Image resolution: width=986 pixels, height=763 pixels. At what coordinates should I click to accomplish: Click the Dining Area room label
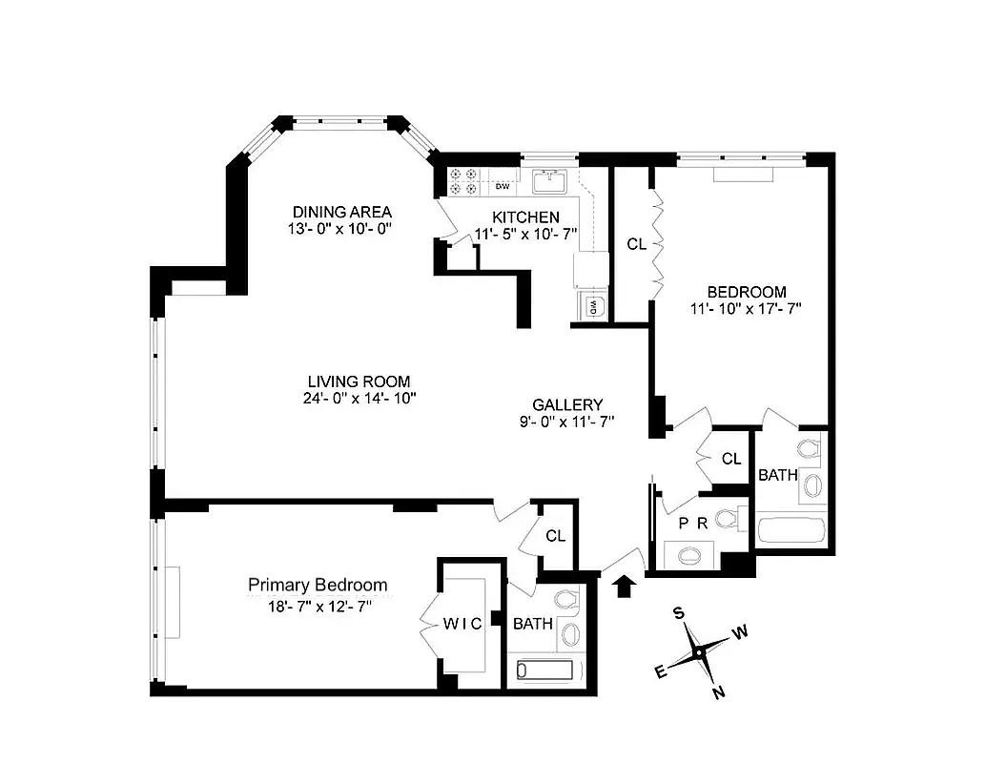click(341, 212)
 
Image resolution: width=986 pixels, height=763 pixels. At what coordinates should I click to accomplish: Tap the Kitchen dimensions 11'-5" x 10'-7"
click(525, 235)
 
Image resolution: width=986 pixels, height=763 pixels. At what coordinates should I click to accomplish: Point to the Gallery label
click(567, 403)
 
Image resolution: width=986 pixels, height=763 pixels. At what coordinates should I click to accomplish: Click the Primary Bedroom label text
click(318, 585)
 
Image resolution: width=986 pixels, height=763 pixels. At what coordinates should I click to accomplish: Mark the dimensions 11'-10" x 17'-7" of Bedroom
click(746, 308)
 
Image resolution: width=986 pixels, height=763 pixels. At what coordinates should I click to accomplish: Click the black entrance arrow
click(626, 585)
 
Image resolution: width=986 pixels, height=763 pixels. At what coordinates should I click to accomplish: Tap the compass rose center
click(699, 652)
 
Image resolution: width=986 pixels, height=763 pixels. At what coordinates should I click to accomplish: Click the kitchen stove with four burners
click(468, 181)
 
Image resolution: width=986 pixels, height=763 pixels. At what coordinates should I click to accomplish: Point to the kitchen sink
click(550, 181)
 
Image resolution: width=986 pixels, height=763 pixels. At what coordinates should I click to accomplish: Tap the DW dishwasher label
click(500, 185)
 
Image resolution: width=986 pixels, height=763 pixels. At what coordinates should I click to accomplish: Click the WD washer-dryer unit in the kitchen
click(591, 306)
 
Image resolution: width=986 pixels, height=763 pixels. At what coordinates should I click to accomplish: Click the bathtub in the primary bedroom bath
click(548, 670)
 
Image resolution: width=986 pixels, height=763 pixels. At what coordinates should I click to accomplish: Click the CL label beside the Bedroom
click(636, 245)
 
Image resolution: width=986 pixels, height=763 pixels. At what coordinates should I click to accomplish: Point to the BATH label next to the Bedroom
click(777, 474)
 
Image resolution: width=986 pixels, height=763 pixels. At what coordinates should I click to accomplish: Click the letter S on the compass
click(679, 611)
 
